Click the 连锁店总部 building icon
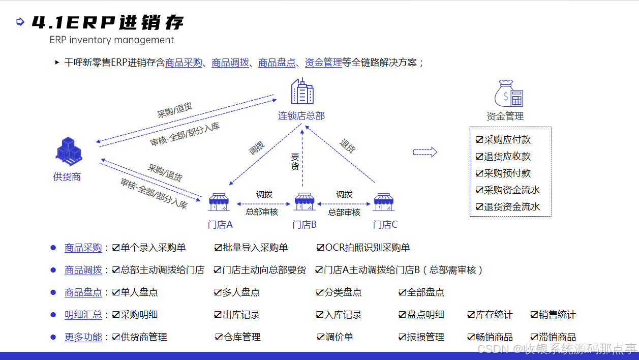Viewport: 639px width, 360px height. pyautogui.click(x=302, y=92)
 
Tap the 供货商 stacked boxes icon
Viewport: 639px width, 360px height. pyautogui.click(x=68, y=152)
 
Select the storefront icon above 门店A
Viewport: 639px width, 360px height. pyautogui.click(x=219, y=202)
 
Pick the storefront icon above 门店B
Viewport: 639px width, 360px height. pyautogui.click(x=305, y=202)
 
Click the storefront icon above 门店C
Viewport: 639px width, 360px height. pyautogui.click(x=384, y=202)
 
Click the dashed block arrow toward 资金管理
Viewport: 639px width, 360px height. pyautogui.click(x=425, y=152)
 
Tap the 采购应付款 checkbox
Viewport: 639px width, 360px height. pyautogui.click(x=479, y=140)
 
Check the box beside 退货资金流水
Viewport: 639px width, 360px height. pyautogui.click(x=479, y=207)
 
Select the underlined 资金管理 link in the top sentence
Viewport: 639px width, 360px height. pyautogui.click(x=323, y=63)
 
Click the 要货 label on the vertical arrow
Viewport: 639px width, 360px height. pyautogui.click(x=295, y=162)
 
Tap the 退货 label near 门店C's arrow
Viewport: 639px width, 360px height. pyautogui.click(x=348, y=146)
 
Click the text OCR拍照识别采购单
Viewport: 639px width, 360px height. pyautogui.click(x=368, y=248)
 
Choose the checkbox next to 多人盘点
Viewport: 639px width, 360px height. pyautogui.click(x=218, y=292)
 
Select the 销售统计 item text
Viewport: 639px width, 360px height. pyautogui.click(x=557, y=315)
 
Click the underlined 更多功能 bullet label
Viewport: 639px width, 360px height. pyautogui.click(x=83, y=337)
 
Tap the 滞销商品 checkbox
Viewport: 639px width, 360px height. pyautogui.click(x=534, y=337)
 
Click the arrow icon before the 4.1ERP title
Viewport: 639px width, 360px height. pyautogui.click(x=20, y=21)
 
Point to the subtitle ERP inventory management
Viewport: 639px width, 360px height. pyautogui.click(x=112, y=40)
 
